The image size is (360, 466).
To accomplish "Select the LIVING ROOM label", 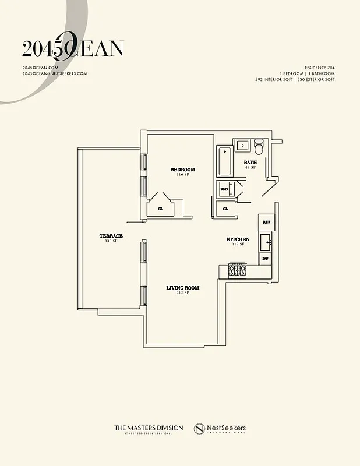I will pyautogui.click(x=182, y=288).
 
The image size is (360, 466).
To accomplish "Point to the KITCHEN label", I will pyautogui.click(x=238, y=239).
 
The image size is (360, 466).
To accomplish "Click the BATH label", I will pyautogui.click(x=250, y=163).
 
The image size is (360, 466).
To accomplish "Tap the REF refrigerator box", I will pyautogui.click(x=266, y=222).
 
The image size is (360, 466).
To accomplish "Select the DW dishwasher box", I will pyautogui.click(x=265, y=258).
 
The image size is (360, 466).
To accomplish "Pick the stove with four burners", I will pyautogui.click(x=238, y=270).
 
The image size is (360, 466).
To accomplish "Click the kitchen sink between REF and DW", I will pyautogui.click(x=266, y=240).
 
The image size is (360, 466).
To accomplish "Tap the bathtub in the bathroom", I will pyautogui.click(x=224, y=161).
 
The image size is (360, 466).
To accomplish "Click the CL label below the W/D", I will pyautogui.click(x=225, y=208).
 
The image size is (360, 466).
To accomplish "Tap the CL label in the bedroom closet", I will pyautogui.click(x=160, y=208).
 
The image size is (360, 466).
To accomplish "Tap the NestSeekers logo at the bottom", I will pyautogui.click(x=220, y=429).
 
